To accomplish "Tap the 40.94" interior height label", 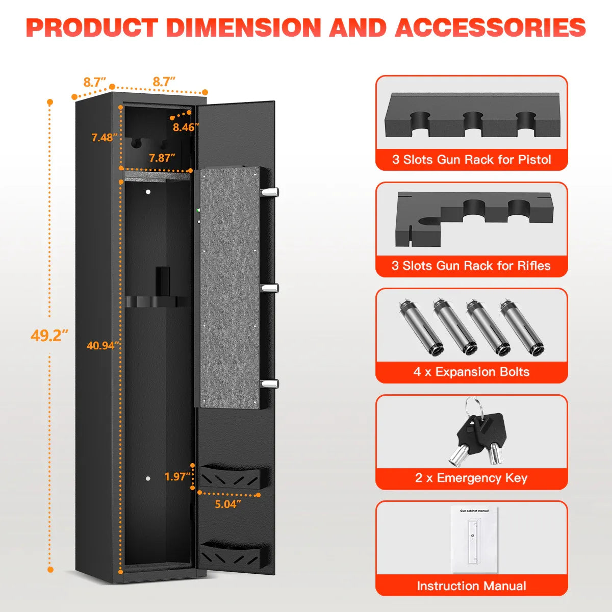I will pyautogui.click(x=103, y=345).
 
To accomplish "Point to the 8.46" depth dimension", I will pyautogui.click(x=185, y=127).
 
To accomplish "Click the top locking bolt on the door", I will pyautogui.click(x=270, y=192).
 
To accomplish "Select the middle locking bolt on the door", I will pyautogui.click(x=270, y=288).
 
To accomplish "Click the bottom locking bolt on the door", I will pyautogui.click(x=270, y=384).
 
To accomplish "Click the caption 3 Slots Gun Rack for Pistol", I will pyautogui.click(x=471, y=160).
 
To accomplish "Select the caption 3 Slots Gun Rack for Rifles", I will pyautogui.click(x=471, y=266).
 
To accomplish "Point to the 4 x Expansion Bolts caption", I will pyautogui.click(x=471, y=372).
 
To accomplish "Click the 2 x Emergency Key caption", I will pyautogui.click(x=471, y=478).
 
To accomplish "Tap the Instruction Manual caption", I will pyautogui.click(x=471, y=586).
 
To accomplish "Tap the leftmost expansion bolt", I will pyautogui.click(x=418, y=326).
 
